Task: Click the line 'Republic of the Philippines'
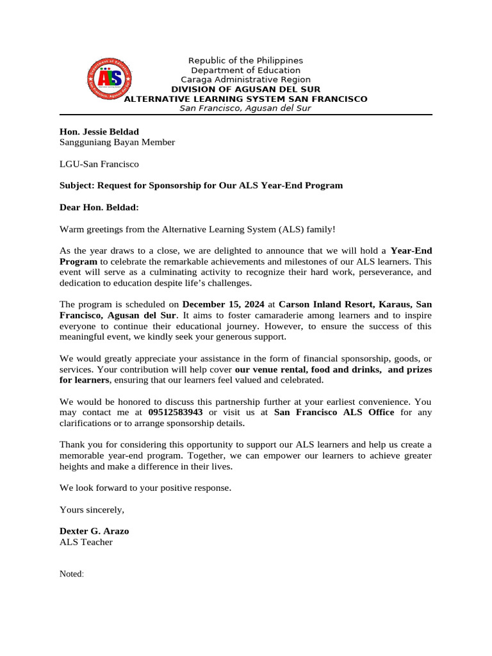tap(245, 60)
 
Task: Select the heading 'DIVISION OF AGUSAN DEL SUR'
tap(245, 89)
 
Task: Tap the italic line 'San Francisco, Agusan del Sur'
tap(245, 108)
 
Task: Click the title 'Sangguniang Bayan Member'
tap(117, 142)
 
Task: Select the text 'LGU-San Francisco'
tap(99, 164)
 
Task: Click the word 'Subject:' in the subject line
tap(77, 185)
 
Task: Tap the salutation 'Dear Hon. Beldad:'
tap(99, 207)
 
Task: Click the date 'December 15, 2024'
tap(223, 304)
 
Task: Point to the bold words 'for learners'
tap(85, 380)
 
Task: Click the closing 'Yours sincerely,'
tap(92, 509)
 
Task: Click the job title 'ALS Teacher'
tap(86, 542)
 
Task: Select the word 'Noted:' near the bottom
tap(72, 574)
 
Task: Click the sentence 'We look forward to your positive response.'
tap(145, 488)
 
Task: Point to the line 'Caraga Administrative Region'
tap(245, 79)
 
